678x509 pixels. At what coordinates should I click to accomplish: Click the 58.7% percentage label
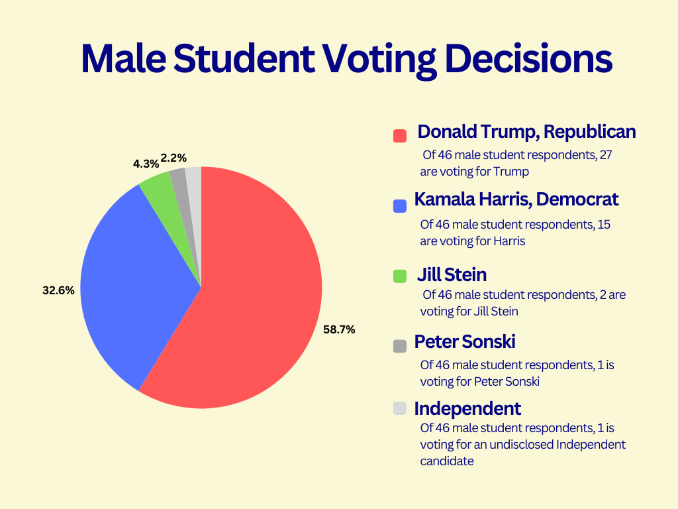tap(339, 329)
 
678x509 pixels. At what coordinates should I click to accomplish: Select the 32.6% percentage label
tap(58, 290)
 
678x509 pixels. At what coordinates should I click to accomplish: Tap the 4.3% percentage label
tap(146, 164)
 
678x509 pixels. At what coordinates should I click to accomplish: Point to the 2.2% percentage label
tap(173, 158)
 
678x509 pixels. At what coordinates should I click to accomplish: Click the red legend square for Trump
tap(399, 136)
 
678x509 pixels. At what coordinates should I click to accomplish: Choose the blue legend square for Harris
tap(399, 206)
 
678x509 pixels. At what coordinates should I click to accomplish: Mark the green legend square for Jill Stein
tap(399, 276)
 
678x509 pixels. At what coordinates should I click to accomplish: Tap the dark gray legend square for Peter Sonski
tap(399, 345)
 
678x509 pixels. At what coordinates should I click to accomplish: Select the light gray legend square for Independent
tap(399, 408)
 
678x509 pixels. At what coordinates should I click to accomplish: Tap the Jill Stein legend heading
tap(452, 274)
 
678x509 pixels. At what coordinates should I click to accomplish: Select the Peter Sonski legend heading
tap(465, 342)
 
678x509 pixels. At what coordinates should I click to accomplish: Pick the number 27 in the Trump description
tap(612, 154)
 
